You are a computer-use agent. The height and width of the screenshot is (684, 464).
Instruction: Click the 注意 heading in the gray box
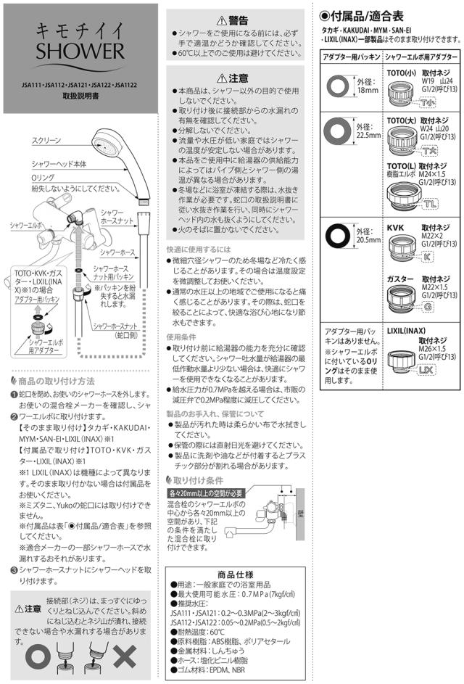click(x=233, y=78)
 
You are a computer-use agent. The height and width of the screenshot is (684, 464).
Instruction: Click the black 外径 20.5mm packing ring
click(x=339, y=235)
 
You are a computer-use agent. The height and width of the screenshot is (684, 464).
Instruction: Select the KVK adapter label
click(x=396, y=227)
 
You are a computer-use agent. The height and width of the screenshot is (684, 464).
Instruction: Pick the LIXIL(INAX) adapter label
click(x=408, y=330)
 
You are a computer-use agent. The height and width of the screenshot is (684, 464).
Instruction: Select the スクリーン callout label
click(x=47, y=140)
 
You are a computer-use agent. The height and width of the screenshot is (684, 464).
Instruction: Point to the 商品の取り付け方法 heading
click(x=57, y=382)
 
